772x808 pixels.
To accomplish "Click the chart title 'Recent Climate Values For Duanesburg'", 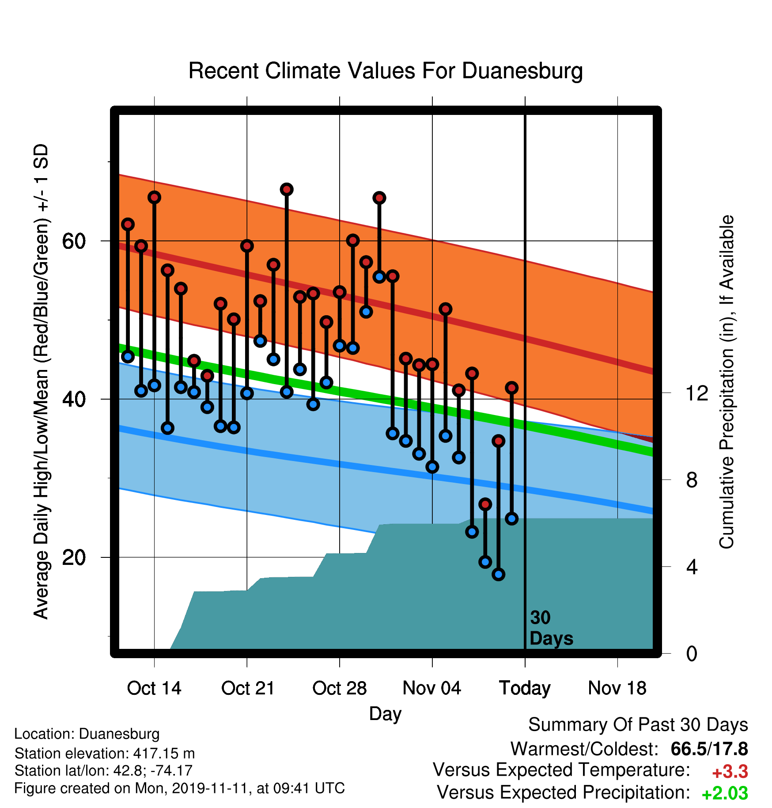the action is click(x=386, y=71).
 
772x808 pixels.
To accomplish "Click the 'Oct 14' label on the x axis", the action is click(x=154, y=688).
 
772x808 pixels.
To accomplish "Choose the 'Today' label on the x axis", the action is click(x=525, y=688).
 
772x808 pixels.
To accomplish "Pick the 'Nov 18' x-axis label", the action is click(x=617, y=688).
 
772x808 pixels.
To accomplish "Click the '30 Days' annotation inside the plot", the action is click(x=551, y=628).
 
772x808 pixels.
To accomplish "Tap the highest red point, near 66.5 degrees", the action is click(x=287, y=189).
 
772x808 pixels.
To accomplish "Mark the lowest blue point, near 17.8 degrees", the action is click(x=499, y=574).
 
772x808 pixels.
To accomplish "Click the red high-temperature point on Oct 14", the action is click(x=154, y=197).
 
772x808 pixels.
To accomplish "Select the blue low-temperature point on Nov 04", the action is click(x=432, y=466).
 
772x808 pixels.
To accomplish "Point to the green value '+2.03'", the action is click(x=725, y=793).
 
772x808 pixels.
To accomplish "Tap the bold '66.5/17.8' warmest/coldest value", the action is click(x=709, y=749).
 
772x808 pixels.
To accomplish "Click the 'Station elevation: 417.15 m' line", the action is click(x=105, y=753).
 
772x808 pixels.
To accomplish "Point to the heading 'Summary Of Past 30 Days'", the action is click(x=638, y=725).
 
